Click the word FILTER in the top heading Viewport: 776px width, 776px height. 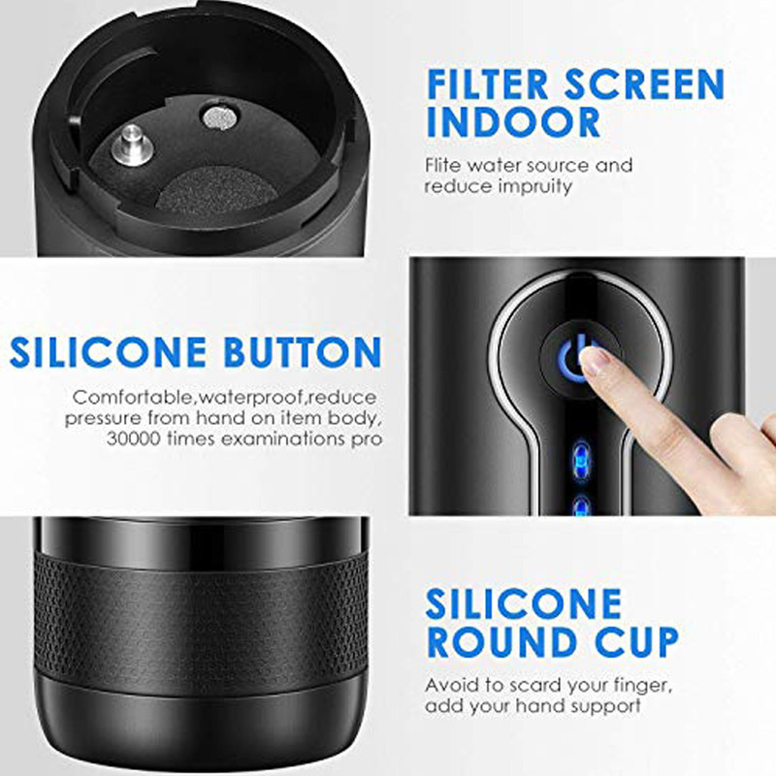(488, 84)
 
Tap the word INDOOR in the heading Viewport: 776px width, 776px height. (513, 122)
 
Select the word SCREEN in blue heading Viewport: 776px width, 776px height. (644, 84)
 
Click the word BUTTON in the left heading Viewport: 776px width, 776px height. (303, 352)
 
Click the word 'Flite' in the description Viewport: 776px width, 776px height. (442, 165)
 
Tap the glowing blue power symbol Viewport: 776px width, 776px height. (574, 359)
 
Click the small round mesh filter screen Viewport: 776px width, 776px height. (220, 117)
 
